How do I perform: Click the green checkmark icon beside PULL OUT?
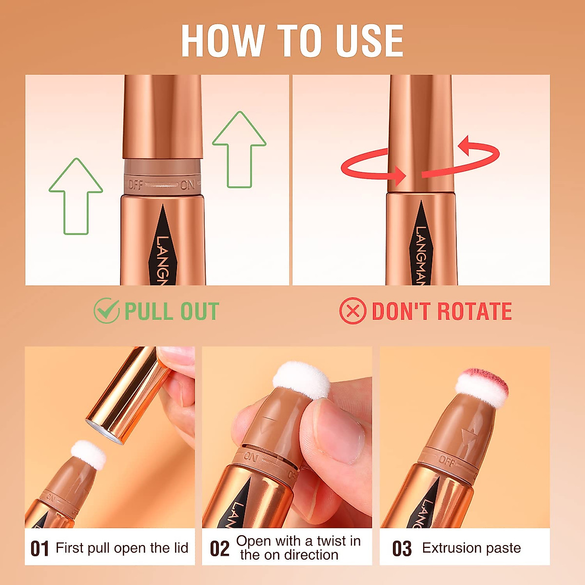(106, 311)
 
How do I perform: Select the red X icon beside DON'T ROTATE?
(352, 311)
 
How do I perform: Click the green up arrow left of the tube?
(76, 195)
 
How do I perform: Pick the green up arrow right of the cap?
(239, 149)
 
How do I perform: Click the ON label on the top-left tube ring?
(188, 185)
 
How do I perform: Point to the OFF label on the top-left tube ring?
(136, 185)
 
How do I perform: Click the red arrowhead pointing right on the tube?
(400, 175)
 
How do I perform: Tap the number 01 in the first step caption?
(39, 549)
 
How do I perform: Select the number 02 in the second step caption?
(219, 549)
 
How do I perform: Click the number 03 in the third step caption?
(402, 549)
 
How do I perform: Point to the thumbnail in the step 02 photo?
(341, 429)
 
